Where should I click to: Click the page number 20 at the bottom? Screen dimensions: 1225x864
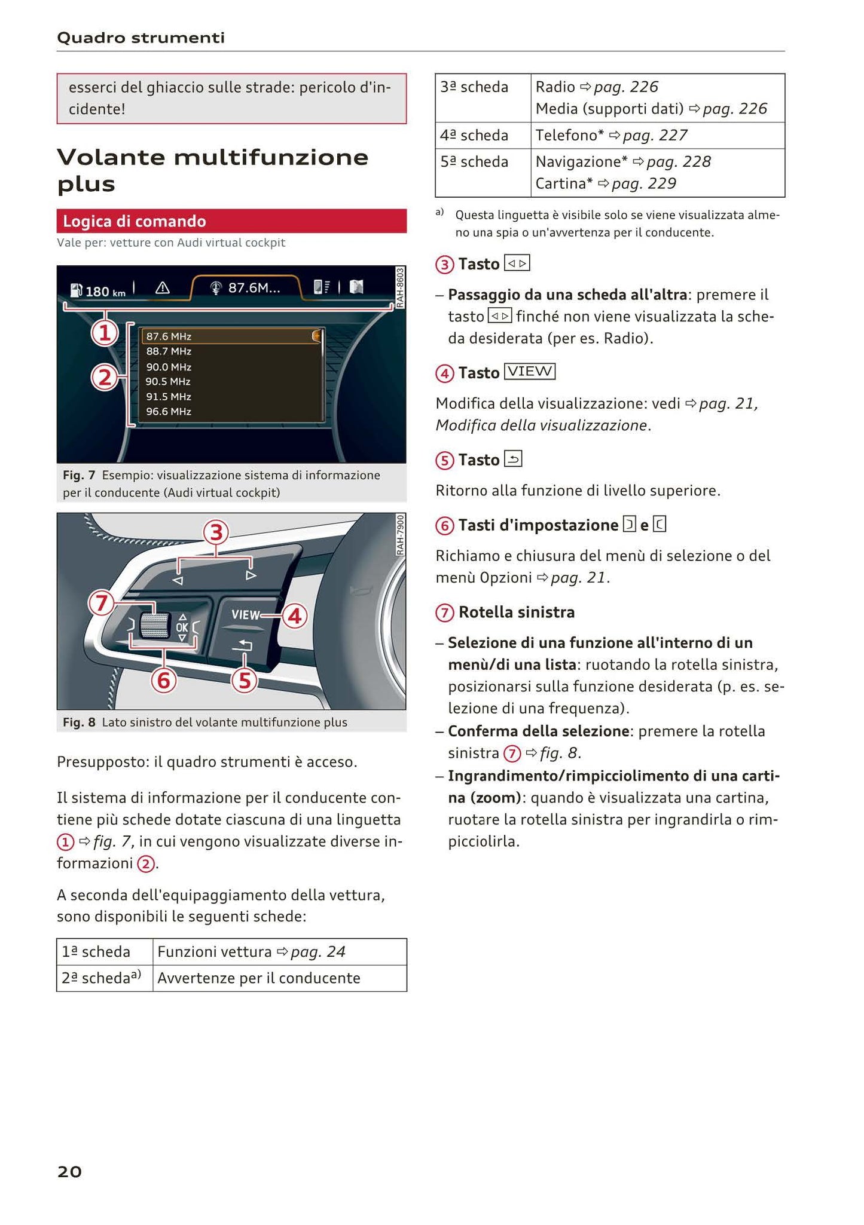coord(69,1171)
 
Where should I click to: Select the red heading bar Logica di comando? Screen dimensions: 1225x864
coord(231,221)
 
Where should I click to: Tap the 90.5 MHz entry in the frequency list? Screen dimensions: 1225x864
coord(169,381)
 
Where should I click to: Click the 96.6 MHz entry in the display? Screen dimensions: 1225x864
coord(169,411)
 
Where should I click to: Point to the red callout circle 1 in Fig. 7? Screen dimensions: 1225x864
coord(105,332)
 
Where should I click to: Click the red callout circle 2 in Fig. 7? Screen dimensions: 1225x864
coord(105,378)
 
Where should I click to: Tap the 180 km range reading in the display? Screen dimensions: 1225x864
coord(99,291)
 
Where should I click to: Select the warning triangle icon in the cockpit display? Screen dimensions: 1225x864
coord(162,288)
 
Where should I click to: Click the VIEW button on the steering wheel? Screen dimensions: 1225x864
coord(245,614)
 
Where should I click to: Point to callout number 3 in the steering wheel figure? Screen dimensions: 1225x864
coord(216,532)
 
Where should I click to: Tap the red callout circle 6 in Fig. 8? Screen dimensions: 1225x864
coord(163,680)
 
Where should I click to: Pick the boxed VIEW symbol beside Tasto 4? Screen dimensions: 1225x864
coord(530,372)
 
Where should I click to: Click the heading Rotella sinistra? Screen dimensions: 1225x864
coord(517,612)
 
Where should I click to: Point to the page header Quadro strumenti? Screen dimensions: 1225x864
coord(141,38)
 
